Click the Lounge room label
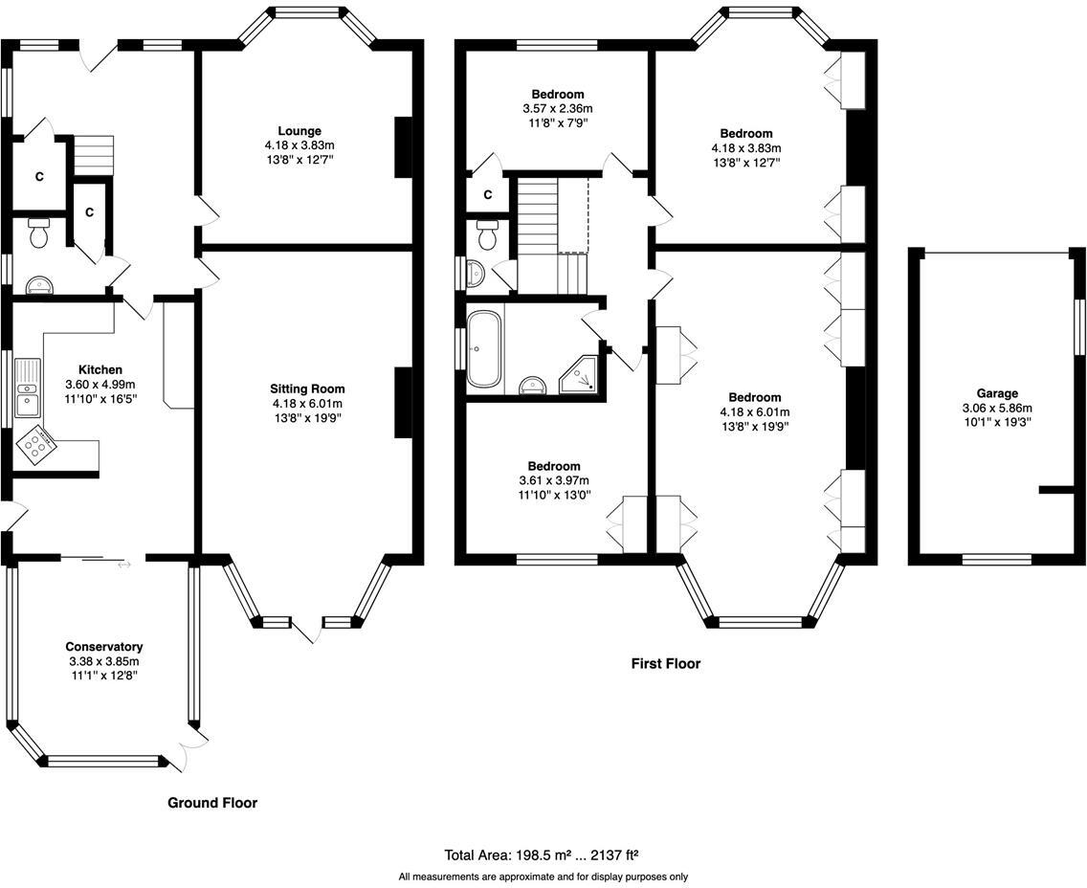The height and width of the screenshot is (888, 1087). coord(299,131)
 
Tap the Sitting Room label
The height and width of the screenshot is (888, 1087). coord(307,388)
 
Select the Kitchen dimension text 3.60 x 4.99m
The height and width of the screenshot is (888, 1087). coord(100,385)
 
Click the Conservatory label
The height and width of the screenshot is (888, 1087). coord(104,647)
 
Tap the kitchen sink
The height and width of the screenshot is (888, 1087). coord(28,388)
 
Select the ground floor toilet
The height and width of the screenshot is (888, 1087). coord(39,233)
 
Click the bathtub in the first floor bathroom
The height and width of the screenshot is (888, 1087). coord(483,348)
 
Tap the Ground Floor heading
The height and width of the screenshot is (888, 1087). coord(212,803)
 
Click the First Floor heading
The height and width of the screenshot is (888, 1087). coord(666,663)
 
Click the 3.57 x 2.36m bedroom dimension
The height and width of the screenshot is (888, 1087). coord(557,109)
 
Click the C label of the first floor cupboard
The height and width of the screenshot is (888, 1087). coord(488,195)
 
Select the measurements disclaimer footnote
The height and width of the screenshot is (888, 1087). coord(543,877)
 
